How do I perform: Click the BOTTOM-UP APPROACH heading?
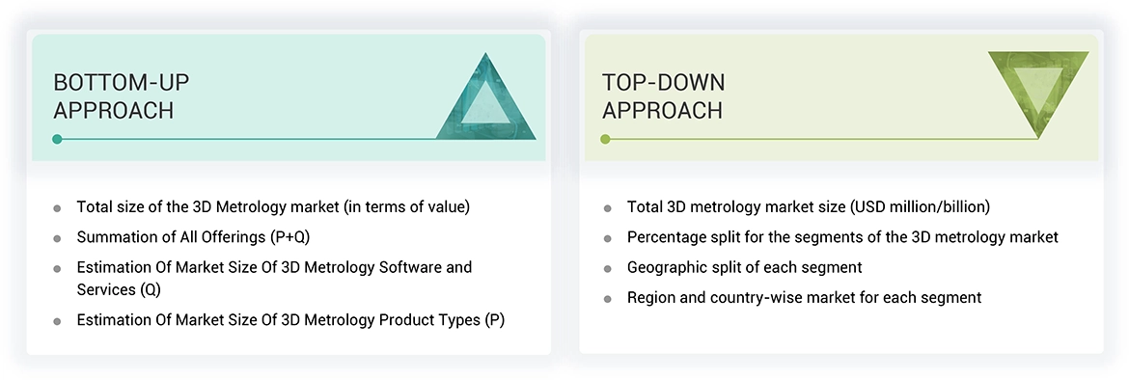113,96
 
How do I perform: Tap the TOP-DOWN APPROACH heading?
663,96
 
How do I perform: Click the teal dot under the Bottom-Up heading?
58,139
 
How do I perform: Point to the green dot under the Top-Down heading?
605,139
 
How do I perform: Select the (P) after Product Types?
492,320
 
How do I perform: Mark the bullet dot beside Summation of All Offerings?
58,237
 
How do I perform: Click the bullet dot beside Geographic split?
607,268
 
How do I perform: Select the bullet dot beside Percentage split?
607,237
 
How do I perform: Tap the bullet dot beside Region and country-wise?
607,298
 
